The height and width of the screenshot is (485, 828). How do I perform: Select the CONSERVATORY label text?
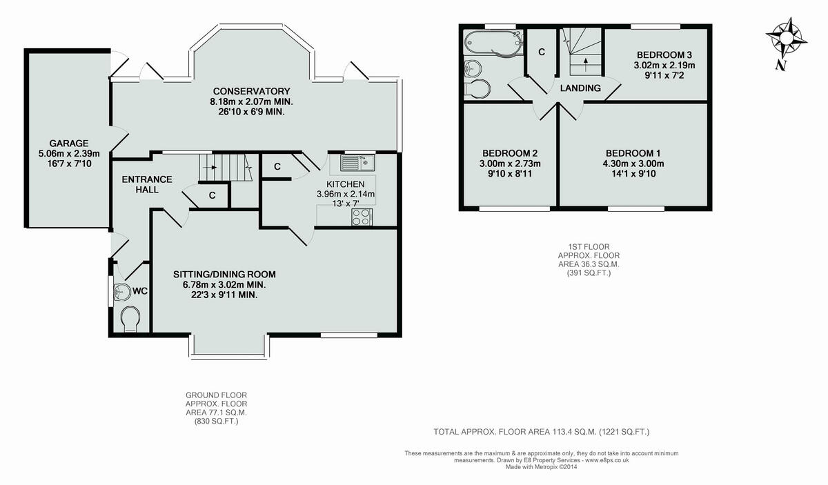251,91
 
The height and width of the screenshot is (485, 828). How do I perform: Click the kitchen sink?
357,164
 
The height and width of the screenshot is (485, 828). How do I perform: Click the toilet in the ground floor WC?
129,319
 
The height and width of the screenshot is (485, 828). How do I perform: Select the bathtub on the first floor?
490,43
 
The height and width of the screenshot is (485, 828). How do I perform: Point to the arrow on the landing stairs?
586,63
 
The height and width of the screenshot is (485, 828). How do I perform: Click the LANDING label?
580,88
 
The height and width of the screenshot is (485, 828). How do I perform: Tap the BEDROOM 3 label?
664,55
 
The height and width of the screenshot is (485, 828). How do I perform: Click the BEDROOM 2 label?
510,153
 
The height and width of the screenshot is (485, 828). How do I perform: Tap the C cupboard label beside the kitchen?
277,166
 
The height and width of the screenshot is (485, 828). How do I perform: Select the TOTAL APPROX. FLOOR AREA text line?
541,432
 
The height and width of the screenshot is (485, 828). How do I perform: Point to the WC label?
140,290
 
